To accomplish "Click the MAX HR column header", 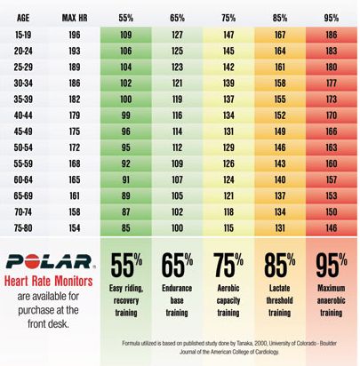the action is (75, 18).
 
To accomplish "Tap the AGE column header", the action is (23, 18).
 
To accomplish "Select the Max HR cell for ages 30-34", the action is (75, 83).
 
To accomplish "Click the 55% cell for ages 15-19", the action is (126, 35).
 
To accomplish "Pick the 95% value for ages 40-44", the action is (332, 115).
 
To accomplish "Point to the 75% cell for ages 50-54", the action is (228, 147).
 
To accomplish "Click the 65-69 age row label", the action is (23, 195).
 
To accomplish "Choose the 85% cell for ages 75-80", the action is (280, 227).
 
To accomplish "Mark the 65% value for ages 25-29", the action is (177, 67).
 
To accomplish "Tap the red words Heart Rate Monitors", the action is (49, 281).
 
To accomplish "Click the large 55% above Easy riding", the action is (126, 265).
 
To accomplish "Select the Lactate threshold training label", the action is (279, 300).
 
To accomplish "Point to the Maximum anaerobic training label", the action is (332, 300).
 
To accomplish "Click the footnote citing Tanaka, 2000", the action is (229, 347).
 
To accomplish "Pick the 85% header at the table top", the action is (280, 18).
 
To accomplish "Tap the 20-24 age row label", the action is (23, 51).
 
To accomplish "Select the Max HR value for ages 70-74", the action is (75, 211).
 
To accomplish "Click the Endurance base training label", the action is (177, 300).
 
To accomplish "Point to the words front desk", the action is (48, 323).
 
